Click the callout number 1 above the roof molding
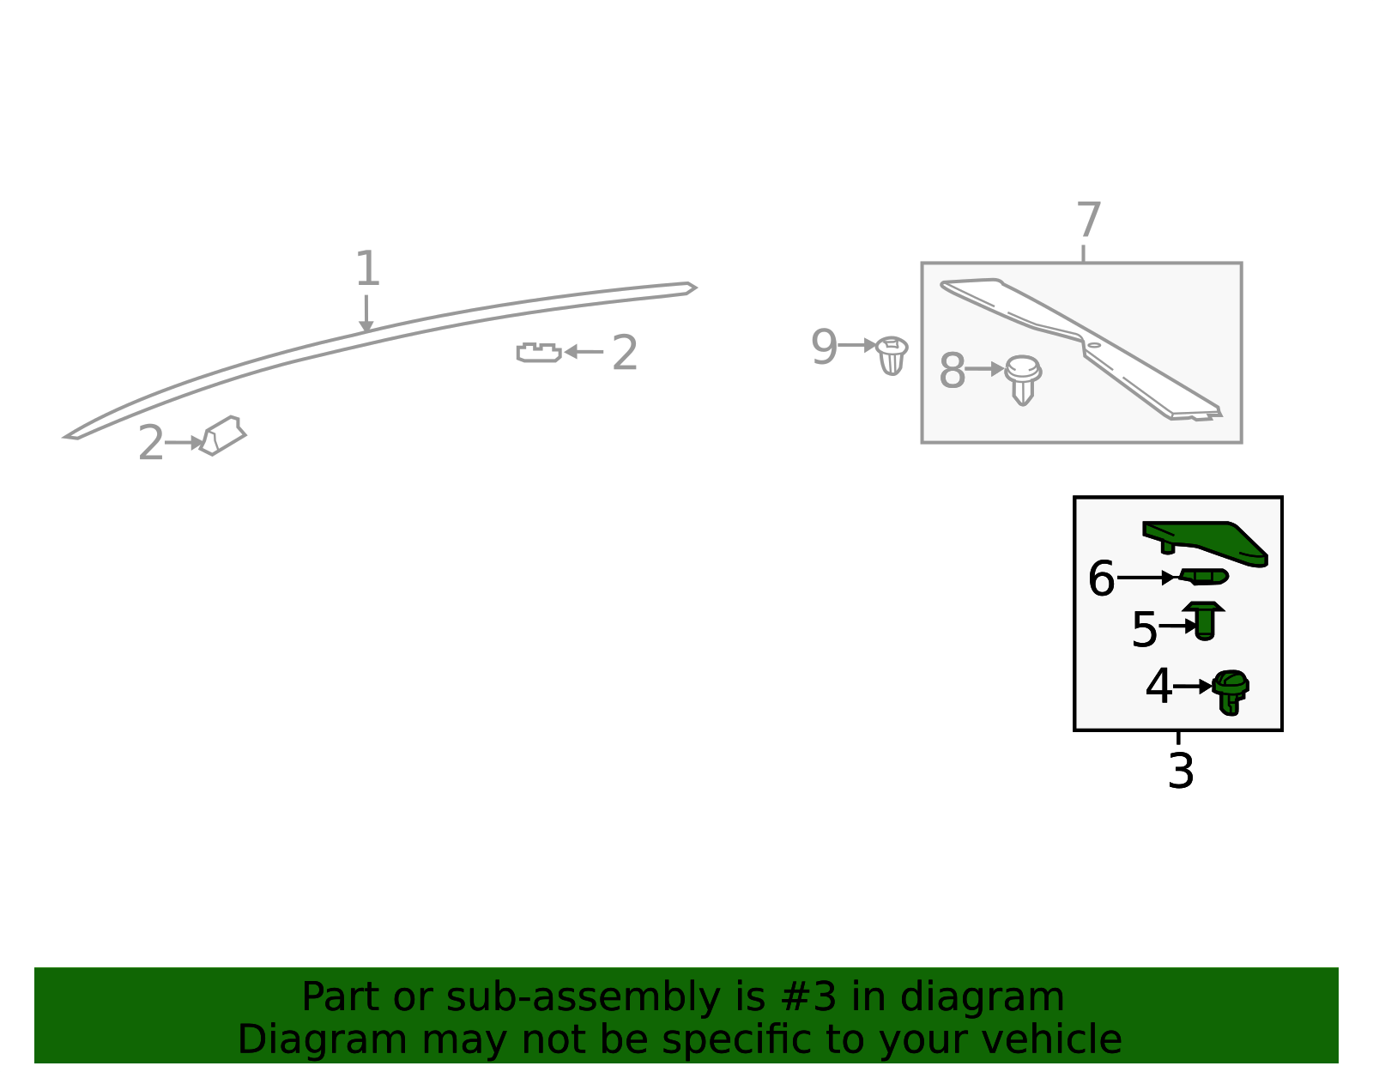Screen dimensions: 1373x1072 pyautogui.click(x=368, y=268)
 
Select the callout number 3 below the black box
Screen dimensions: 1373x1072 pyautogui.click(x=1181, y=771)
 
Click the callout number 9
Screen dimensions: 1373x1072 pyautogui.click(x=825, y=346)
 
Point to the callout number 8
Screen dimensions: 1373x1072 pyautogui.click(x=953, y=370)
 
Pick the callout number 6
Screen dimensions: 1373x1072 pyautogui.click(x=1102, y=578)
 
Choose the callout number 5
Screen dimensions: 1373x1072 pyautogui.click(x=1144, y=629)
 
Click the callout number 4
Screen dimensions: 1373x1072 pyautogui.click(x=1158, y=686)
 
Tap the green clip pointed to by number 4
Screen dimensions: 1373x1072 pyautogui.click(x=1231, y=693)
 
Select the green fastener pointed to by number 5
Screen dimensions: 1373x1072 pyautogui.click(x=1204, y=621)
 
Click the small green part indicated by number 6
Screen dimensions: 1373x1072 pyautogui.click(x=1204, y=577)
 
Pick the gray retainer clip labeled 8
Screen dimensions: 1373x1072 pyautogui.click(x=1023, y=380)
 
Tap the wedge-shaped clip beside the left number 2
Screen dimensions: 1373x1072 pyautogui.click(x=222, y=436)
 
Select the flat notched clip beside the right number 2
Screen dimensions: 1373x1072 pyautogui.click(x=539, y=353)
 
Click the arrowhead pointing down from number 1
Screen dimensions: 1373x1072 pyautogui.click(x=366, y=327)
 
